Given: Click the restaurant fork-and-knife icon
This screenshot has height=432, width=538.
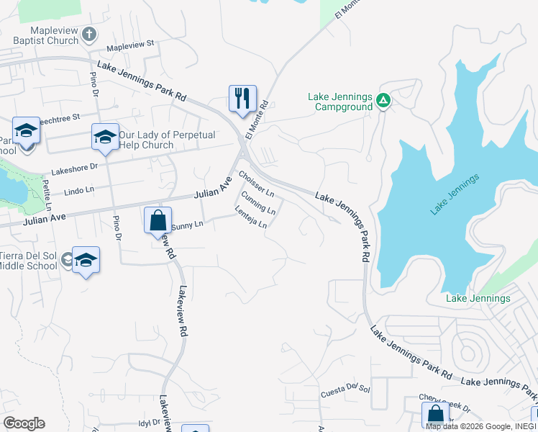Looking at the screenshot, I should point(242,98).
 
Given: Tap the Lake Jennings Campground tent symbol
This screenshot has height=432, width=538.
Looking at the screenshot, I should point(383,102).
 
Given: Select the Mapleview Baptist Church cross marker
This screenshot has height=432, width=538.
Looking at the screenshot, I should point(89,34).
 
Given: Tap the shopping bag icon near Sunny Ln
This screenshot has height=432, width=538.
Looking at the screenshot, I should point(158,220).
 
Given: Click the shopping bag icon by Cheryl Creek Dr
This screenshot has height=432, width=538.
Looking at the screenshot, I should point(435,415).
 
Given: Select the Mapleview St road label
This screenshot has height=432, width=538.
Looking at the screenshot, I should point(130,45).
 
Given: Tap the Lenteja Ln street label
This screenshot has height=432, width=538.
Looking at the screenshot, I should point(251,217).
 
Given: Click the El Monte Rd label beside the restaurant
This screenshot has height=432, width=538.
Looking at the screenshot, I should point(257,119).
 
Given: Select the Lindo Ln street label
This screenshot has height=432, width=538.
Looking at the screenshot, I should point(79,191).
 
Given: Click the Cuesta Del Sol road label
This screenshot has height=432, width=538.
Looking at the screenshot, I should point(345,390).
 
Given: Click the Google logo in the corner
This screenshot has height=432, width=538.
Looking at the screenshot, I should point(24,423).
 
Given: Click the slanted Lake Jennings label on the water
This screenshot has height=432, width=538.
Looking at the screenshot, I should point(454,194).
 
